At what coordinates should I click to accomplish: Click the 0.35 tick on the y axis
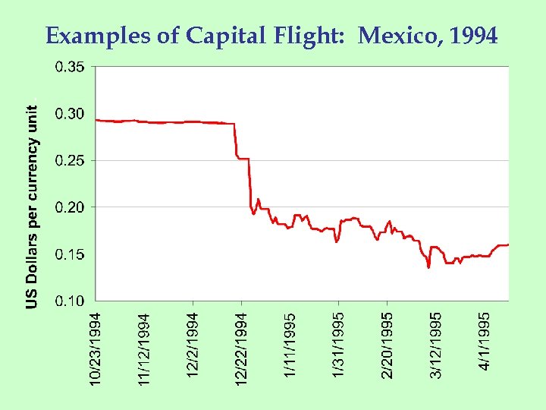70,67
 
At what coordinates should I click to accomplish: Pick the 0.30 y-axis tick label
70,114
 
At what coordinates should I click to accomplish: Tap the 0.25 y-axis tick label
70,160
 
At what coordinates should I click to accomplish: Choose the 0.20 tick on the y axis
70,207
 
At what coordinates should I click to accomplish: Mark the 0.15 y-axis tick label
70,254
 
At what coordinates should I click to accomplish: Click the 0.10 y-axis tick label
70,301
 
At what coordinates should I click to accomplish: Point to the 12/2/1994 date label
193,342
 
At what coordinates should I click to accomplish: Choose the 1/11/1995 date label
290,342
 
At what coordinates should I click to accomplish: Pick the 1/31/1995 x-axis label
339,342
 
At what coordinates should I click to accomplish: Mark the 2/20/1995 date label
388,342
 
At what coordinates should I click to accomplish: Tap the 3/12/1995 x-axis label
437,342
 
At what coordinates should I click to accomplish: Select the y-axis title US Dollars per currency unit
33,207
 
